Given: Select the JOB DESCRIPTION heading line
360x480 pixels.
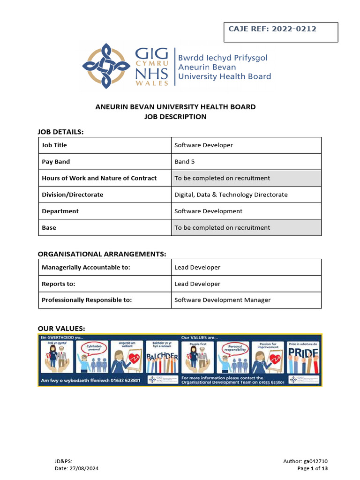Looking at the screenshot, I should (x=176, y=117).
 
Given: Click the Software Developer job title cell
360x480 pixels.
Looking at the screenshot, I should (x=203, y=145).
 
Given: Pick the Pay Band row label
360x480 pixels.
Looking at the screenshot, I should (x=56, y=162).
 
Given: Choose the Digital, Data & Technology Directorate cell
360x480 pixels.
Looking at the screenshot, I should (x=231, y=195).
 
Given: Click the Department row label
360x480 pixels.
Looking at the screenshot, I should (x=60, y=211).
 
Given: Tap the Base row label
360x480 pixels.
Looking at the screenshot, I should (x=49, y=227).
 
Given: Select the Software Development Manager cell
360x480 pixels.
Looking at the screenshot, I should (x=222, y=300).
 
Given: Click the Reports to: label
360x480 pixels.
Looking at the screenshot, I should (x=59, y=284).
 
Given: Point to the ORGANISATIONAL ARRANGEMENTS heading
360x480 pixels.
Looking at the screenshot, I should (x=102, y=254).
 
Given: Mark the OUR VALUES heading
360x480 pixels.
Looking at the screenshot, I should (x=61, y=328).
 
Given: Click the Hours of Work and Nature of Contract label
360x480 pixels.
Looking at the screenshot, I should (x=99, y=178).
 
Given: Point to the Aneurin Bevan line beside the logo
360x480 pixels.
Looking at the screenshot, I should (x=207, y=67).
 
